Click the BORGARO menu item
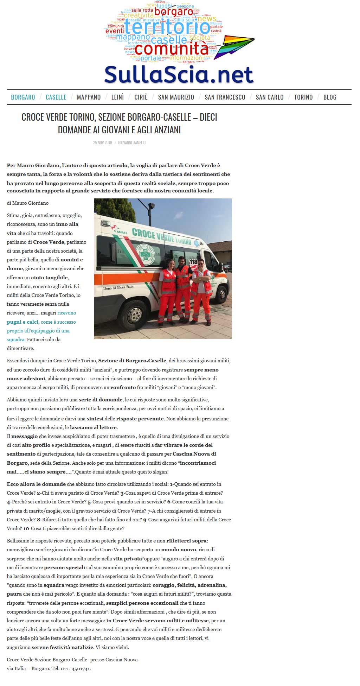pyautogui.click(x=23, y=97)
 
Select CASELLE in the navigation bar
pyautogui.click(x=56, y=97)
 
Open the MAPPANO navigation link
pyautogui.click(x=89, y=97)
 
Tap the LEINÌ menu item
pyautogui.click(x=117, y=97)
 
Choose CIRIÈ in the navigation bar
pyautogui.click(x=141, y=97)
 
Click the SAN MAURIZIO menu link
pyautogui.click(x=176, y=97)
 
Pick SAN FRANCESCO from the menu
pyautogui.click(x=225, y=97)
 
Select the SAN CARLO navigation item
pyautogui.click(x=270, y=97)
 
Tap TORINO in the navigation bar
pyautogui.click(x=303, y=97)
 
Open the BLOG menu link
pyautogui.click(x=330, y=97)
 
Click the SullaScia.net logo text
pyautogui.click(x=179, y=75)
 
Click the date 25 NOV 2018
pyautogui.click(x=102, y=142)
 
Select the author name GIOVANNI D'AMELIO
pyautogui.click(x=132, y=142)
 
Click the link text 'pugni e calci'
pyautogui.click(x=22, y=322)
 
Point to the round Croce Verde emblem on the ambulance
pyautogui.click(x=148, y=252)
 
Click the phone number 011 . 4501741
pyautogui.click(x=76, y=668)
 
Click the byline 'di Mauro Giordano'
pyautogui.click(x=28, y=203)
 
